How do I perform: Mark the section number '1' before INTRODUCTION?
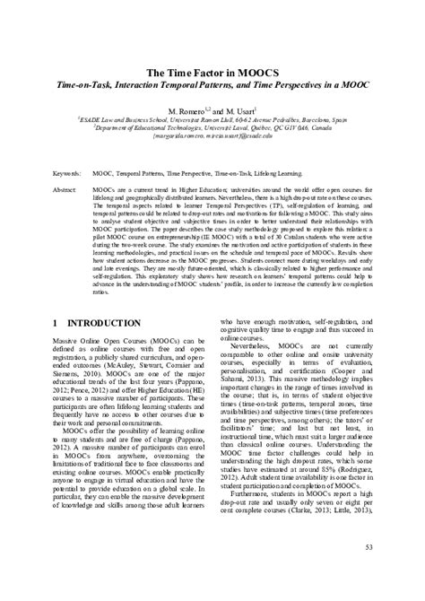(56, 322)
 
